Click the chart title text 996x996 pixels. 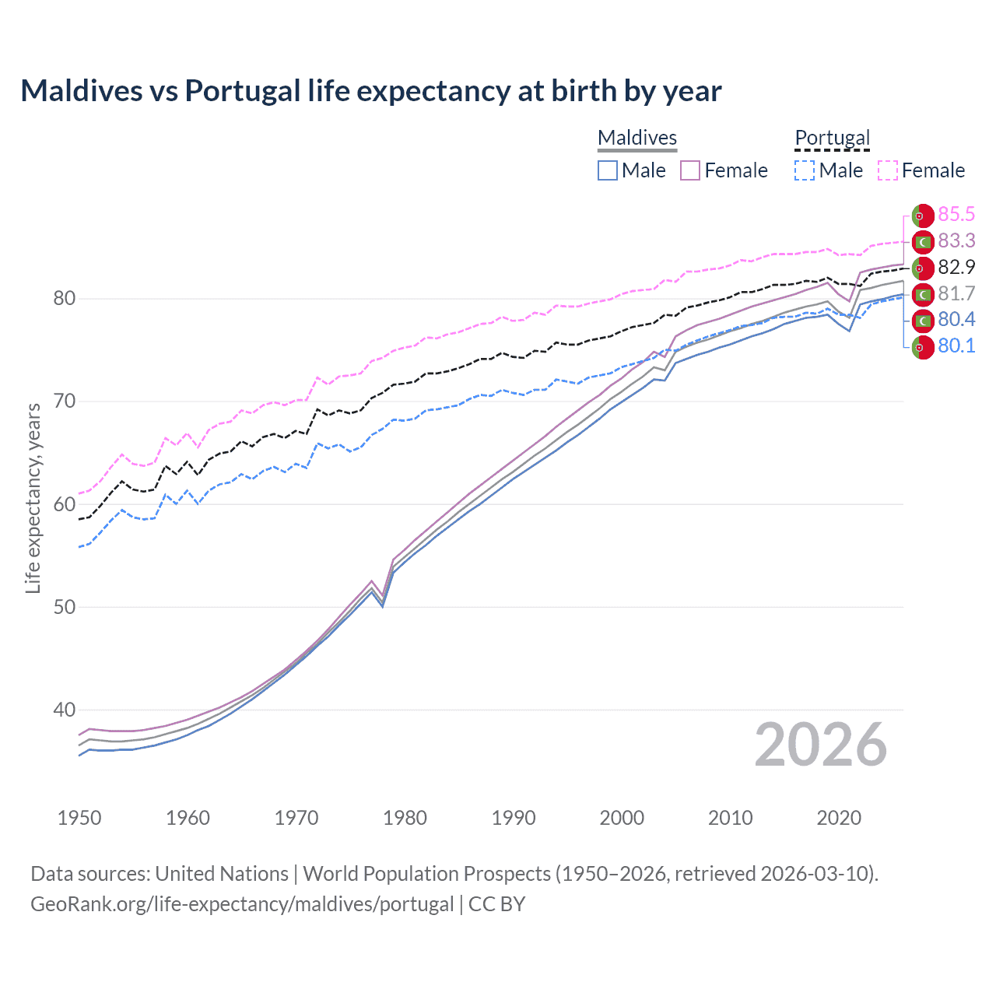tap(371, 91)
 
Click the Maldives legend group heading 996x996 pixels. tap(637, 138)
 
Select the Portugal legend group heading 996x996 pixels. tap(832, 138)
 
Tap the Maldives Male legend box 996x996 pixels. tap(608, 170)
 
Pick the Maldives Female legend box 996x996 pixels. tap(690, 170)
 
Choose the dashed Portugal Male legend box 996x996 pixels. tap(805, 170)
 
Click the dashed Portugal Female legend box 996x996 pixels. tap(888, 170)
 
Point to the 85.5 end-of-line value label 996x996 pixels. tap(956, 215)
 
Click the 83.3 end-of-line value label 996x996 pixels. tap(956, 241)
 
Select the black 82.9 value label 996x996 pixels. tap(956, 268)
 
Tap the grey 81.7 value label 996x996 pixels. tap(956, 294)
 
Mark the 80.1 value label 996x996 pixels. tap(956, 346)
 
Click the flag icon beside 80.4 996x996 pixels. tap(923, 321)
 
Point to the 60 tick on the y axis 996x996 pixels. tap(65, 504)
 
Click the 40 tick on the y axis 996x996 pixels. tap(65, 710)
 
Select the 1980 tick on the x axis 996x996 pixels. tap(405, 818)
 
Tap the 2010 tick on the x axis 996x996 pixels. tap(730, 818)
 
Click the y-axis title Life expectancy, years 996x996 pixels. tap(33, 498)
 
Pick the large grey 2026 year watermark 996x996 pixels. tap(821, 745)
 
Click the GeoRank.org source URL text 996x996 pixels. tap(242, 904)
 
